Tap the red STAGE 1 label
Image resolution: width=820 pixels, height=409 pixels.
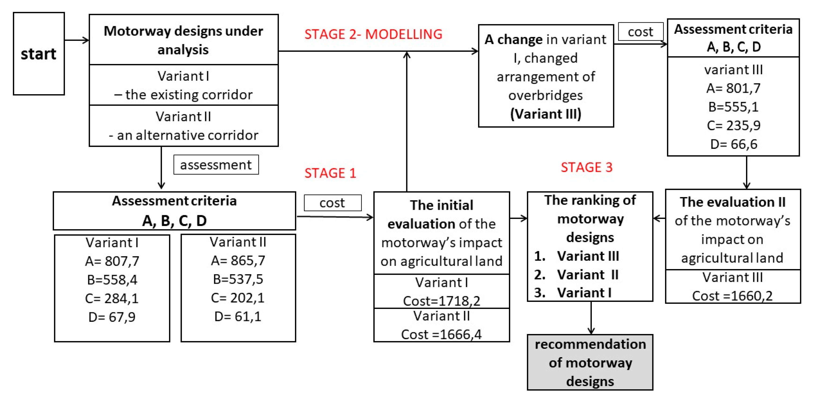pos(330,173)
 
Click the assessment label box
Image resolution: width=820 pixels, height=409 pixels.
pos(216,165)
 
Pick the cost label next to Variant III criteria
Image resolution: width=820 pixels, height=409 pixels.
pos(640,32)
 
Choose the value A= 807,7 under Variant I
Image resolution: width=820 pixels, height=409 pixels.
pos(112,261)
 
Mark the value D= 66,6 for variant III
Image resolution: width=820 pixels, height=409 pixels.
pos(733,144)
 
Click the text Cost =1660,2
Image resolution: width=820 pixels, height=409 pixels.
pos(732,296)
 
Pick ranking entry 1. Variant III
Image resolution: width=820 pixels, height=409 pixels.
pos(577,256)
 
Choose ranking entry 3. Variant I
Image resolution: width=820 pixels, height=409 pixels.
pos(573,293)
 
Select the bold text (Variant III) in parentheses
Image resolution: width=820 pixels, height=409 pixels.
pos(546,114)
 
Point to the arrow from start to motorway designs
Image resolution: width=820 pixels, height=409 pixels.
pos(76,40)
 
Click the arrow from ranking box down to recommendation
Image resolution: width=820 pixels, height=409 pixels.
pos(591,318)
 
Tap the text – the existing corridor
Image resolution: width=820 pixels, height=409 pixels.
pos(183,95)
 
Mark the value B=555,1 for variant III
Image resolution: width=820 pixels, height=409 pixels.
pos(733,107)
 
